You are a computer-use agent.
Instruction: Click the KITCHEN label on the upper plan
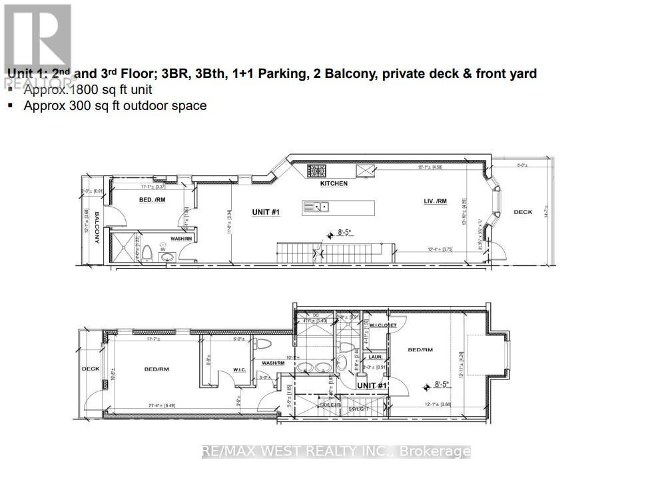(x=334, y=183)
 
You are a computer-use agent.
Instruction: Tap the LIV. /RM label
(x=435, y=201)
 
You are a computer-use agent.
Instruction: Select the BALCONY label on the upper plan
(x=96, y=227)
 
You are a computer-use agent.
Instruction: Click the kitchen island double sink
(x=315, y=207)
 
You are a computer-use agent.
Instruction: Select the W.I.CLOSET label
(x=383, y=325)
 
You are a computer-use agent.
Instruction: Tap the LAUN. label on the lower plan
(x=376, y=357)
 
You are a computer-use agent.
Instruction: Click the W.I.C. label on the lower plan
(x=240, y=370)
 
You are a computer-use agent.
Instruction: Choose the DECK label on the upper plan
(x=523, y=212)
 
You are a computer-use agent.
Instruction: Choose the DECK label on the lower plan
(x=90, y=368)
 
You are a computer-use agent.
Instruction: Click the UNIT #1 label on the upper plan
(x=264, y=212)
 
